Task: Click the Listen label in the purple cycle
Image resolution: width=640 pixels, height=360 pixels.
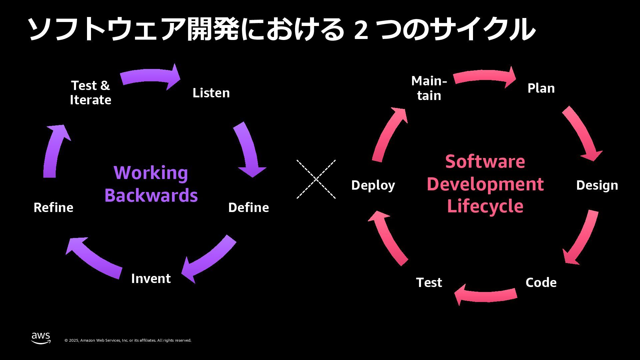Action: point(211,93)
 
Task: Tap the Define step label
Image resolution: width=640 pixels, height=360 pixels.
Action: point(248,208)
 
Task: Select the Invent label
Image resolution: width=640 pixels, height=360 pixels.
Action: point(151,279)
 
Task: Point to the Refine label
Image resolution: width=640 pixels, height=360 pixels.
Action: point(53,208)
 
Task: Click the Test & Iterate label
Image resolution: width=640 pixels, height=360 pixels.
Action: point(90,93)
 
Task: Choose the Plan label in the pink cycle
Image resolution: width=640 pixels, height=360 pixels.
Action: point(541,88)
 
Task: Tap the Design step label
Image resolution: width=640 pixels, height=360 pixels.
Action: point(597,185)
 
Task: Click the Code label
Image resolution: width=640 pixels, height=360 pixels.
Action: point(541,283)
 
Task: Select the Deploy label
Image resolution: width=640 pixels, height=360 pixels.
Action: point(373,185)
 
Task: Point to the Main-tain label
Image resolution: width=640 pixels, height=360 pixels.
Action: point(429,88)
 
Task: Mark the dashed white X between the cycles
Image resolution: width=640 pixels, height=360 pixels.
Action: point(316,179)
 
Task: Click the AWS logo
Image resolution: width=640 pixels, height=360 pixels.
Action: point(41,338)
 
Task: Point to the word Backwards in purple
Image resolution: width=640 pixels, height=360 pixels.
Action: point(151,195)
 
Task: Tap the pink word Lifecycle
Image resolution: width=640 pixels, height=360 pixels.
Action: point(485,206)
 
